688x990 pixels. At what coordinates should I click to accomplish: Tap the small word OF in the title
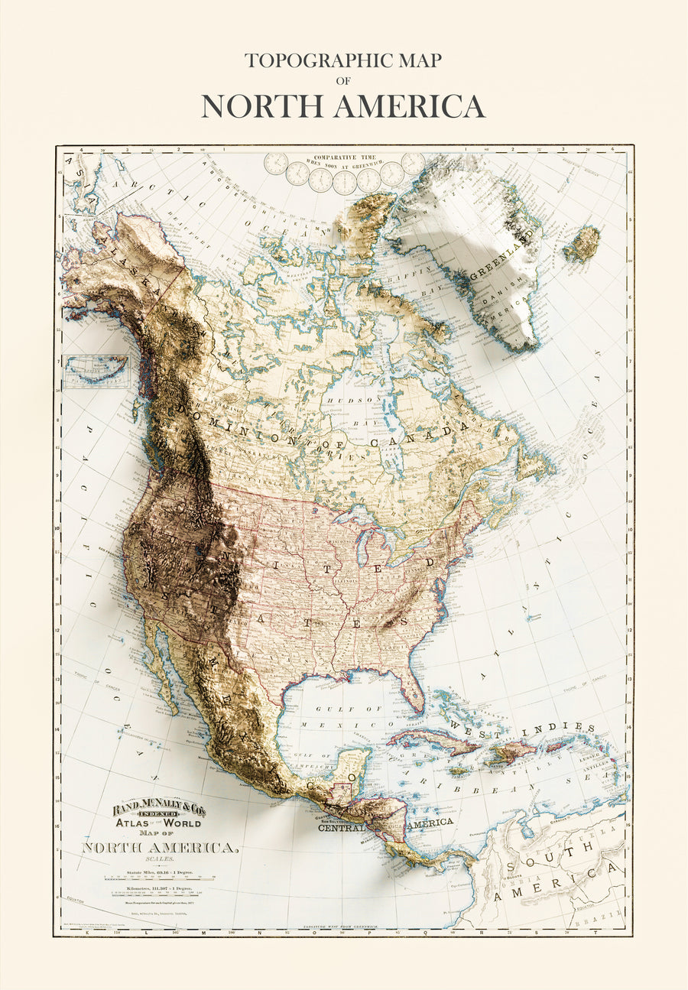(342, 80)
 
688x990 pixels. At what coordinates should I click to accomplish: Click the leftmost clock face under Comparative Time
(276, 164)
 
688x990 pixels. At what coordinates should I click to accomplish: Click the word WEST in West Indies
(475, 724)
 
